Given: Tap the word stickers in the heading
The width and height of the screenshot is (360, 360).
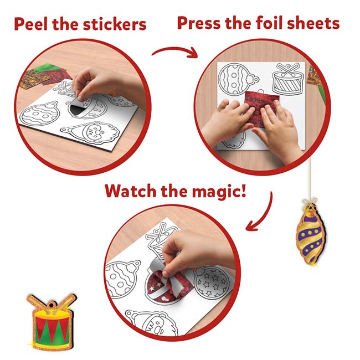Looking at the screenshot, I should coord(117,24).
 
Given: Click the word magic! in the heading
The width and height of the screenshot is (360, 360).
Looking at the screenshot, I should coord(224,192).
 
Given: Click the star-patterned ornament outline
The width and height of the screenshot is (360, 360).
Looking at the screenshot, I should coord(210,282).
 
